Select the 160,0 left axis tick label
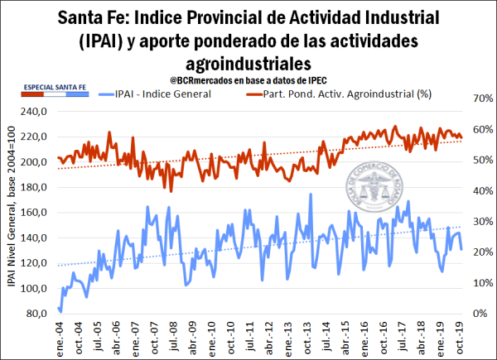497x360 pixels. coord(36,212)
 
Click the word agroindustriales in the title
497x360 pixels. coord(248,63)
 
